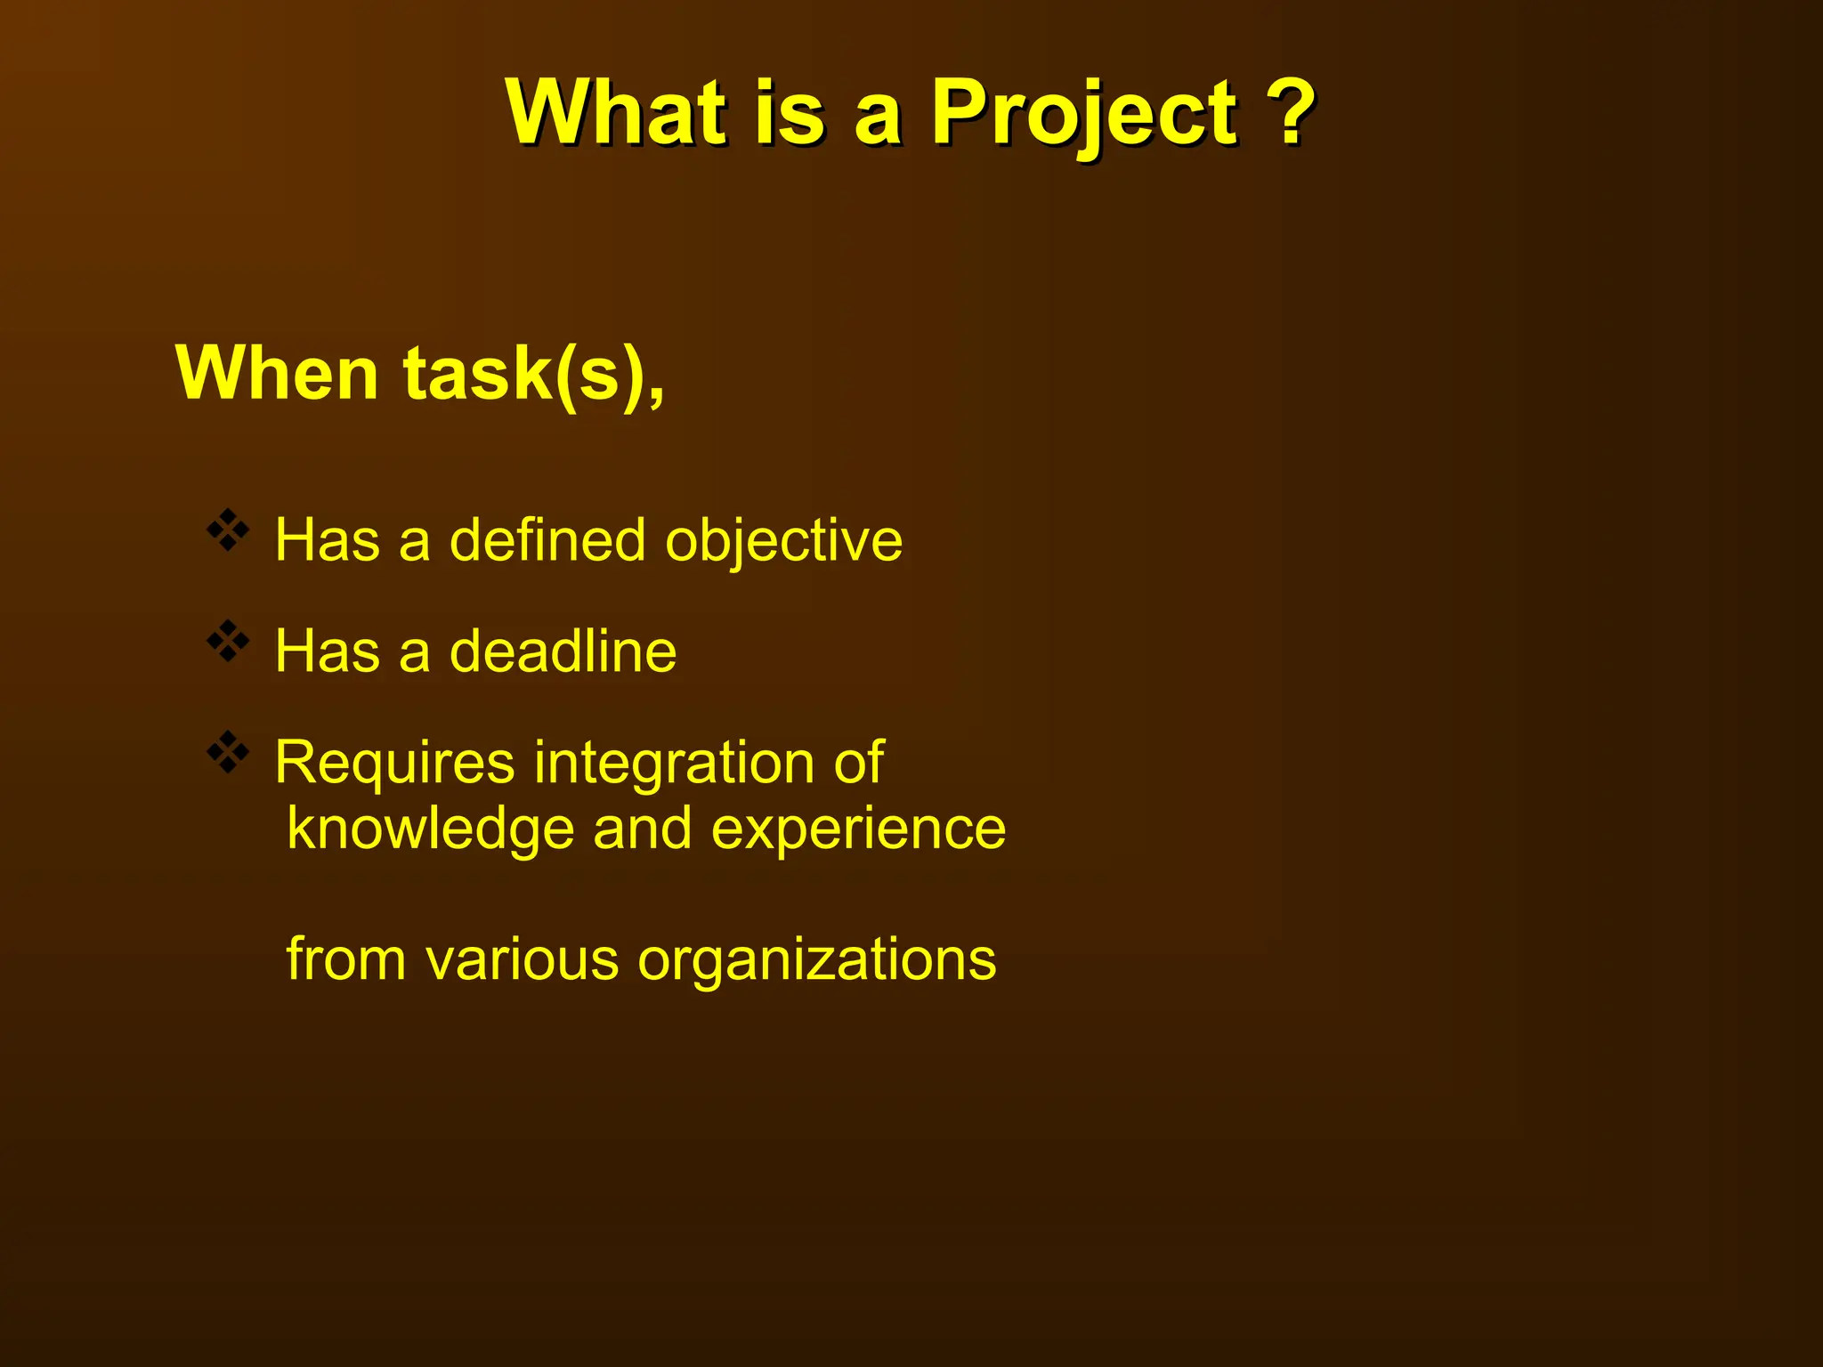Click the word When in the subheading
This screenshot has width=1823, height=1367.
[x=278, y=374]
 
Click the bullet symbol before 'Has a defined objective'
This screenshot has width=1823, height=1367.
[x=228, y=530]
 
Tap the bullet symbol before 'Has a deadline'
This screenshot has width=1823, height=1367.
[x=228, y=642]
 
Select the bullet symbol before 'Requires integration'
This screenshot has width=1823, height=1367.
[x=228, y=753]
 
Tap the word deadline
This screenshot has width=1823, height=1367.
[x=563, y=651]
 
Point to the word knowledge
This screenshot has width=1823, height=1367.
[x=431, y=829]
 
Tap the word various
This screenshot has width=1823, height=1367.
[x=522, y=959]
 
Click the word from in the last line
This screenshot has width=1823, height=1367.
[x=346, y=959]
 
